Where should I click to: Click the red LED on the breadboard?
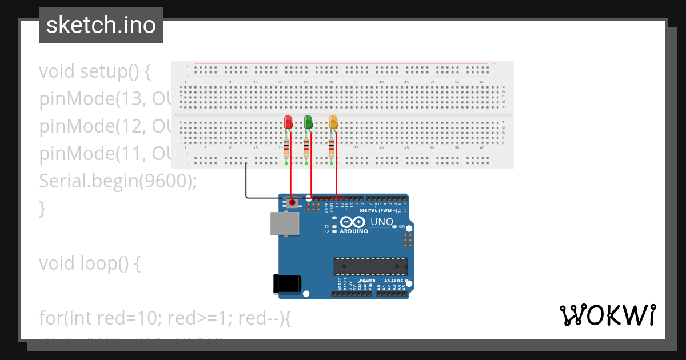[289, 122]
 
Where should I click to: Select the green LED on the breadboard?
[308, 122]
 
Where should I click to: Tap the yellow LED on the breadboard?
[333, 122]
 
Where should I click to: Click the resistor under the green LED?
[306, 148]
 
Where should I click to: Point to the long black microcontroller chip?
[370, 266]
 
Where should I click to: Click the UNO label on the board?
[382, 222]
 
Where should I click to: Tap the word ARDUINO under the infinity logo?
[354, 231]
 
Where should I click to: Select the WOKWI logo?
[607, 315]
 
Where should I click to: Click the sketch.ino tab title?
[101, 25]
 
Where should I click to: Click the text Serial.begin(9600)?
[118, 181]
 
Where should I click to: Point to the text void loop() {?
[90, 263]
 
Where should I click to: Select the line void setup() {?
[95, 72]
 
